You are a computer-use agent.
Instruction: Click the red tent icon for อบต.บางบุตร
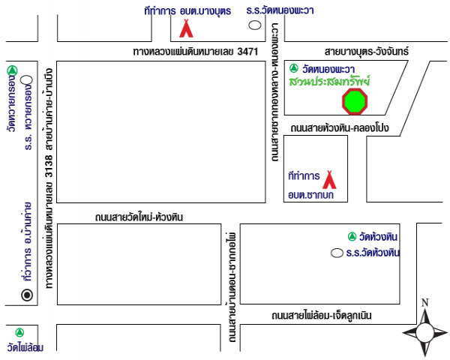point(187,28)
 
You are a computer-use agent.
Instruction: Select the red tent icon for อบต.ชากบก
point(328,179)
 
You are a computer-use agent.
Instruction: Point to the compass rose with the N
point(424,329)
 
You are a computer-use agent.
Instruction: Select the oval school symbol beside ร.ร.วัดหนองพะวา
point(255,25)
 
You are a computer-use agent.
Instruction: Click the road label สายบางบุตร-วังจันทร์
point(366,52)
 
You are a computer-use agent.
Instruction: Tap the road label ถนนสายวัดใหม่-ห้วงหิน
point(139,217)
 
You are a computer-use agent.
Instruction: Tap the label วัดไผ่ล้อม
point(25,346)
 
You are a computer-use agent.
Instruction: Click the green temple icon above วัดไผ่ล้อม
point(20,331)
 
